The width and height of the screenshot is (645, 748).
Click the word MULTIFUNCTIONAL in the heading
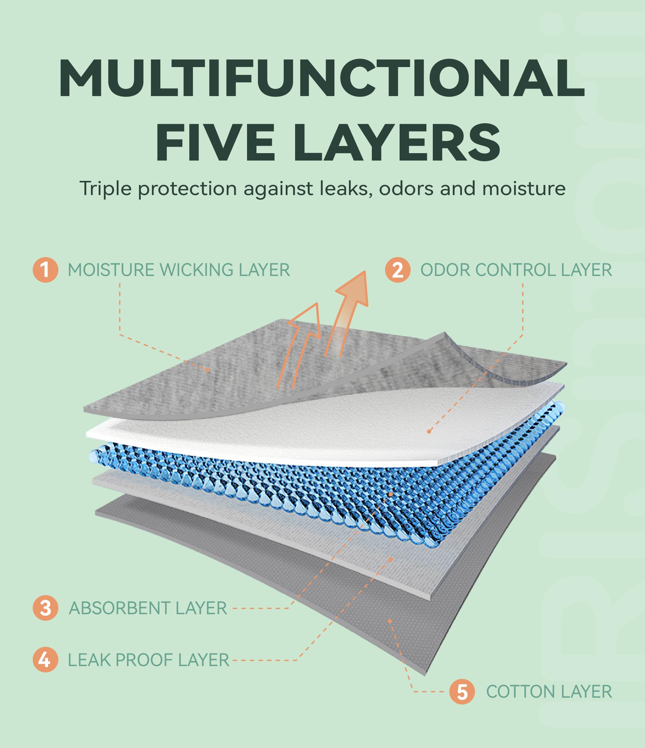[322, 78]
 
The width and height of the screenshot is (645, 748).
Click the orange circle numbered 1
[45, 270]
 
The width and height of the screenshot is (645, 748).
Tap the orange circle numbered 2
[398, 270]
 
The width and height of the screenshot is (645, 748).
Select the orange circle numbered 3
[45, 608]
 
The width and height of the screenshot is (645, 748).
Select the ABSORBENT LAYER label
[148, 608]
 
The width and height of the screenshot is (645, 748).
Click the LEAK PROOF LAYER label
[148, 660]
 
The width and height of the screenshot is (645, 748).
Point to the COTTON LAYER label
[549, 692]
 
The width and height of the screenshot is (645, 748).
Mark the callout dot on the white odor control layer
[429, 431]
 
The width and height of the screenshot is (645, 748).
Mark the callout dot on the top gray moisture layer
[208, 370]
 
